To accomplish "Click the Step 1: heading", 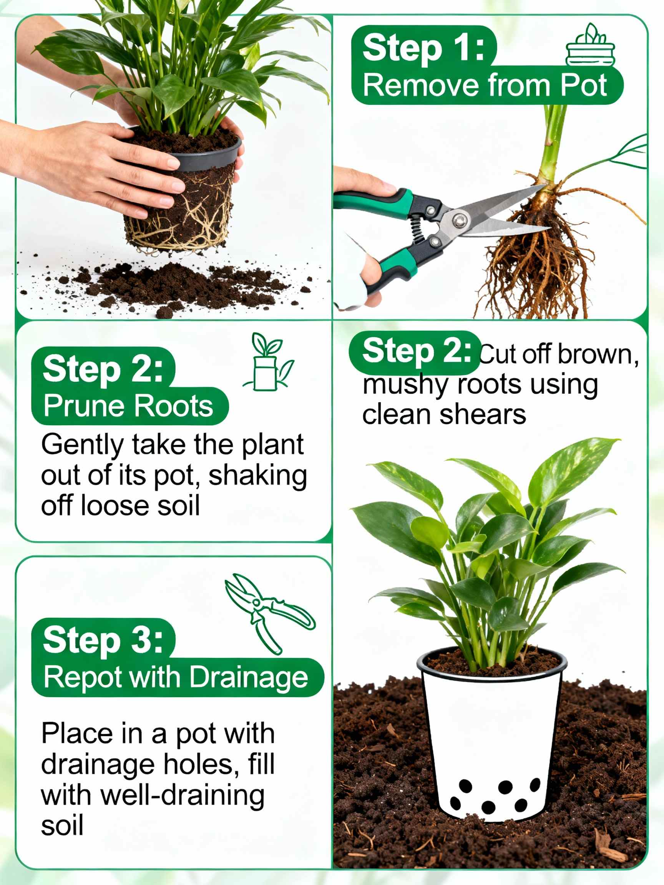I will (423, 48).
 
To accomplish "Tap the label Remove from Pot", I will (485, 85).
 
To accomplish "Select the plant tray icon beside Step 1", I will (590, 46).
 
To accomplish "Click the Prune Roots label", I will (128, 406).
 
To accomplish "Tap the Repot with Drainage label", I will (176, 677).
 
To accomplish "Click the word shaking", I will (257, 476).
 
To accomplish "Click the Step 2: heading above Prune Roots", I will (103, 369).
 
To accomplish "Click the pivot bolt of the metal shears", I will (459, 220).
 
